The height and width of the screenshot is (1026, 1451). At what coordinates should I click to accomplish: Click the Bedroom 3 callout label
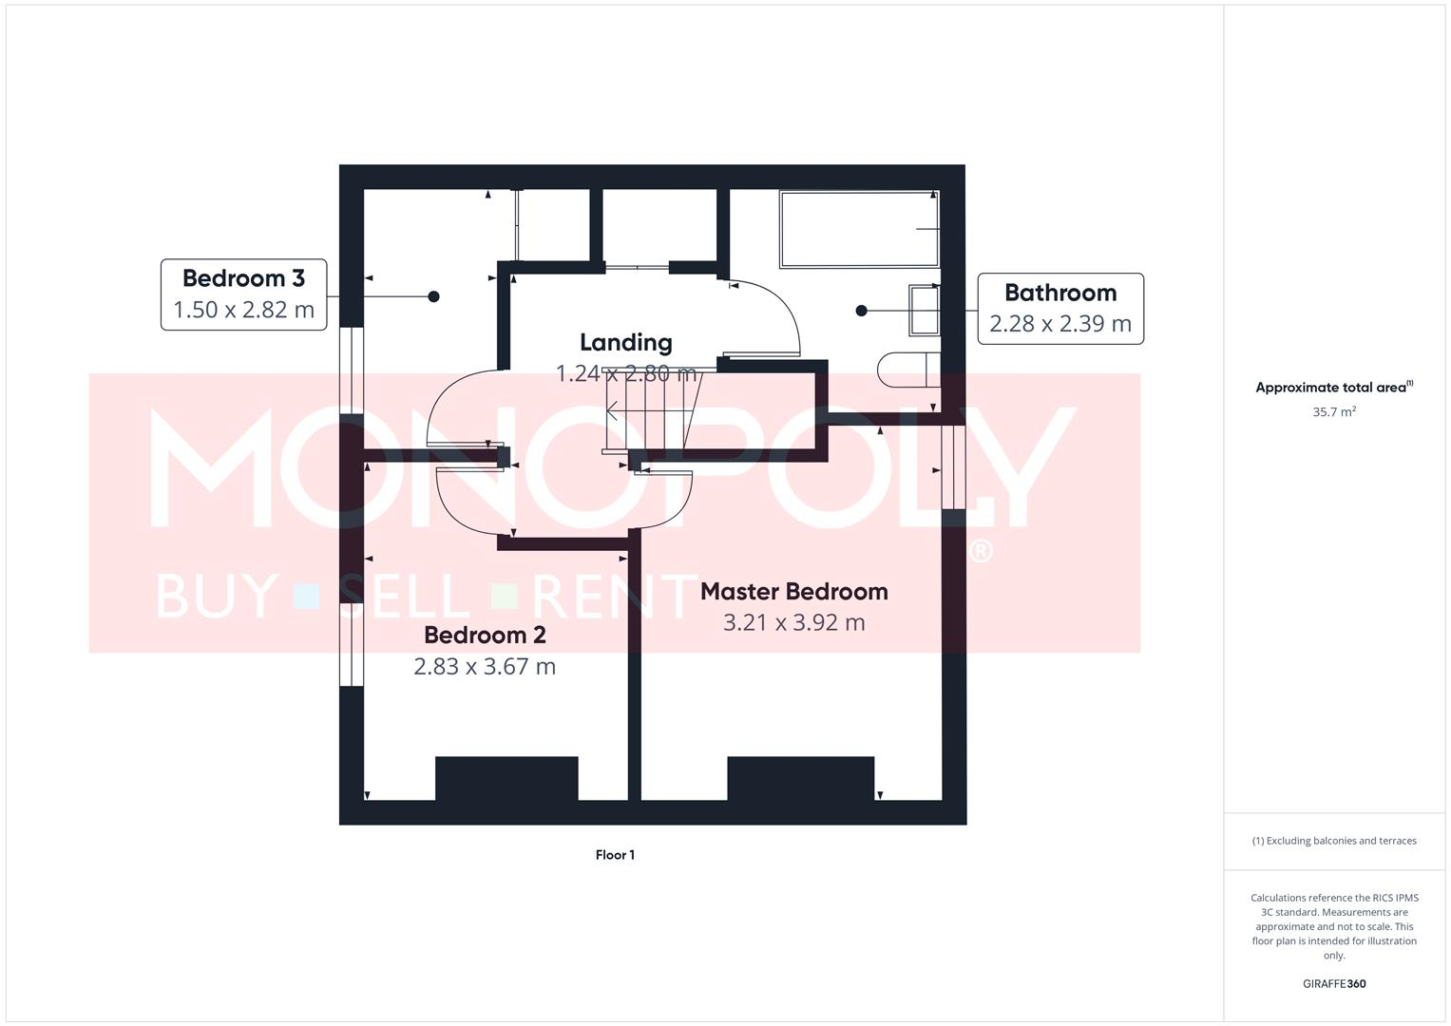pos(243,278)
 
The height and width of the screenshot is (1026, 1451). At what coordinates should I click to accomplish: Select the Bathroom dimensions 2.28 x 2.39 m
pos(1060,324)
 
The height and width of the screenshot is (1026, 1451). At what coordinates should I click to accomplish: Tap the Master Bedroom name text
pos(793,591)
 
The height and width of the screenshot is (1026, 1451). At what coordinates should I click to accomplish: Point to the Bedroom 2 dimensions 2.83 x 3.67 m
pos(484,667)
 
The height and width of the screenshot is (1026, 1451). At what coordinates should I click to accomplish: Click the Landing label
pos(625,342)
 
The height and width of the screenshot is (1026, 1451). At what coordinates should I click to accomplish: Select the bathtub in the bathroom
pos(858,229)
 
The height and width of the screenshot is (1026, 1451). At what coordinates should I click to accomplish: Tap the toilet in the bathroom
pos(907,370)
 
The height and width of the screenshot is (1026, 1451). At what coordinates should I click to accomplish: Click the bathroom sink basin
pos(924,311)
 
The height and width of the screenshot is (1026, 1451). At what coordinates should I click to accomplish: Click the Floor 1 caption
pos(615,855)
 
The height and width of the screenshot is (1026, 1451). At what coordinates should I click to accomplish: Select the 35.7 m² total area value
pos(1333,412)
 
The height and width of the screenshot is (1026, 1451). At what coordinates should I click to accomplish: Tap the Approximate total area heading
pos(1333,388)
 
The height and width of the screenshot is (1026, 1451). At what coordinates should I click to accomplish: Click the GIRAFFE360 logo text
pos(1333,984)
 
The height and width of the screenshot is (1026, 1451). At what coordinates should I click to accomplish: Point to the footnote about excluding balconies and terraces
pos(1333,841)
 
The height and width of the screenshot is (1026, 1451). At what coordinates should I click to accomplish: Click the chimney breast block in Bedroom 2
pos(506,778)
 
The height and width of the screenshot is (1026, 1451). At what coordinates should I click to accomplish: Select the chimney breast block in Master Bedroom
pos(800,778)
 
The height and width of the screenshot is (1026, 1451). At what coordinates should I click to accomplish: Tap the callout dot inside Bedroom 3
pos(433,296)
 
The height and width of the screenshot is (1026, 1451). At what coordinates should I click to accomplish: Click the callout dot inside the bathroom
pos(861,311)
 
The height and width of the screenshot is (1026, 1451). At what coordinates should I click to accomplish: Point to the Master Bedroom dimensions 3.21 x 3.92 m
pos(793,623)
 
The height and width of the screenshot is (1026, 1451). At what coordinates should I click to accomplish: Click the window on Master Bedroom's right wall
pos(953,466)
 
